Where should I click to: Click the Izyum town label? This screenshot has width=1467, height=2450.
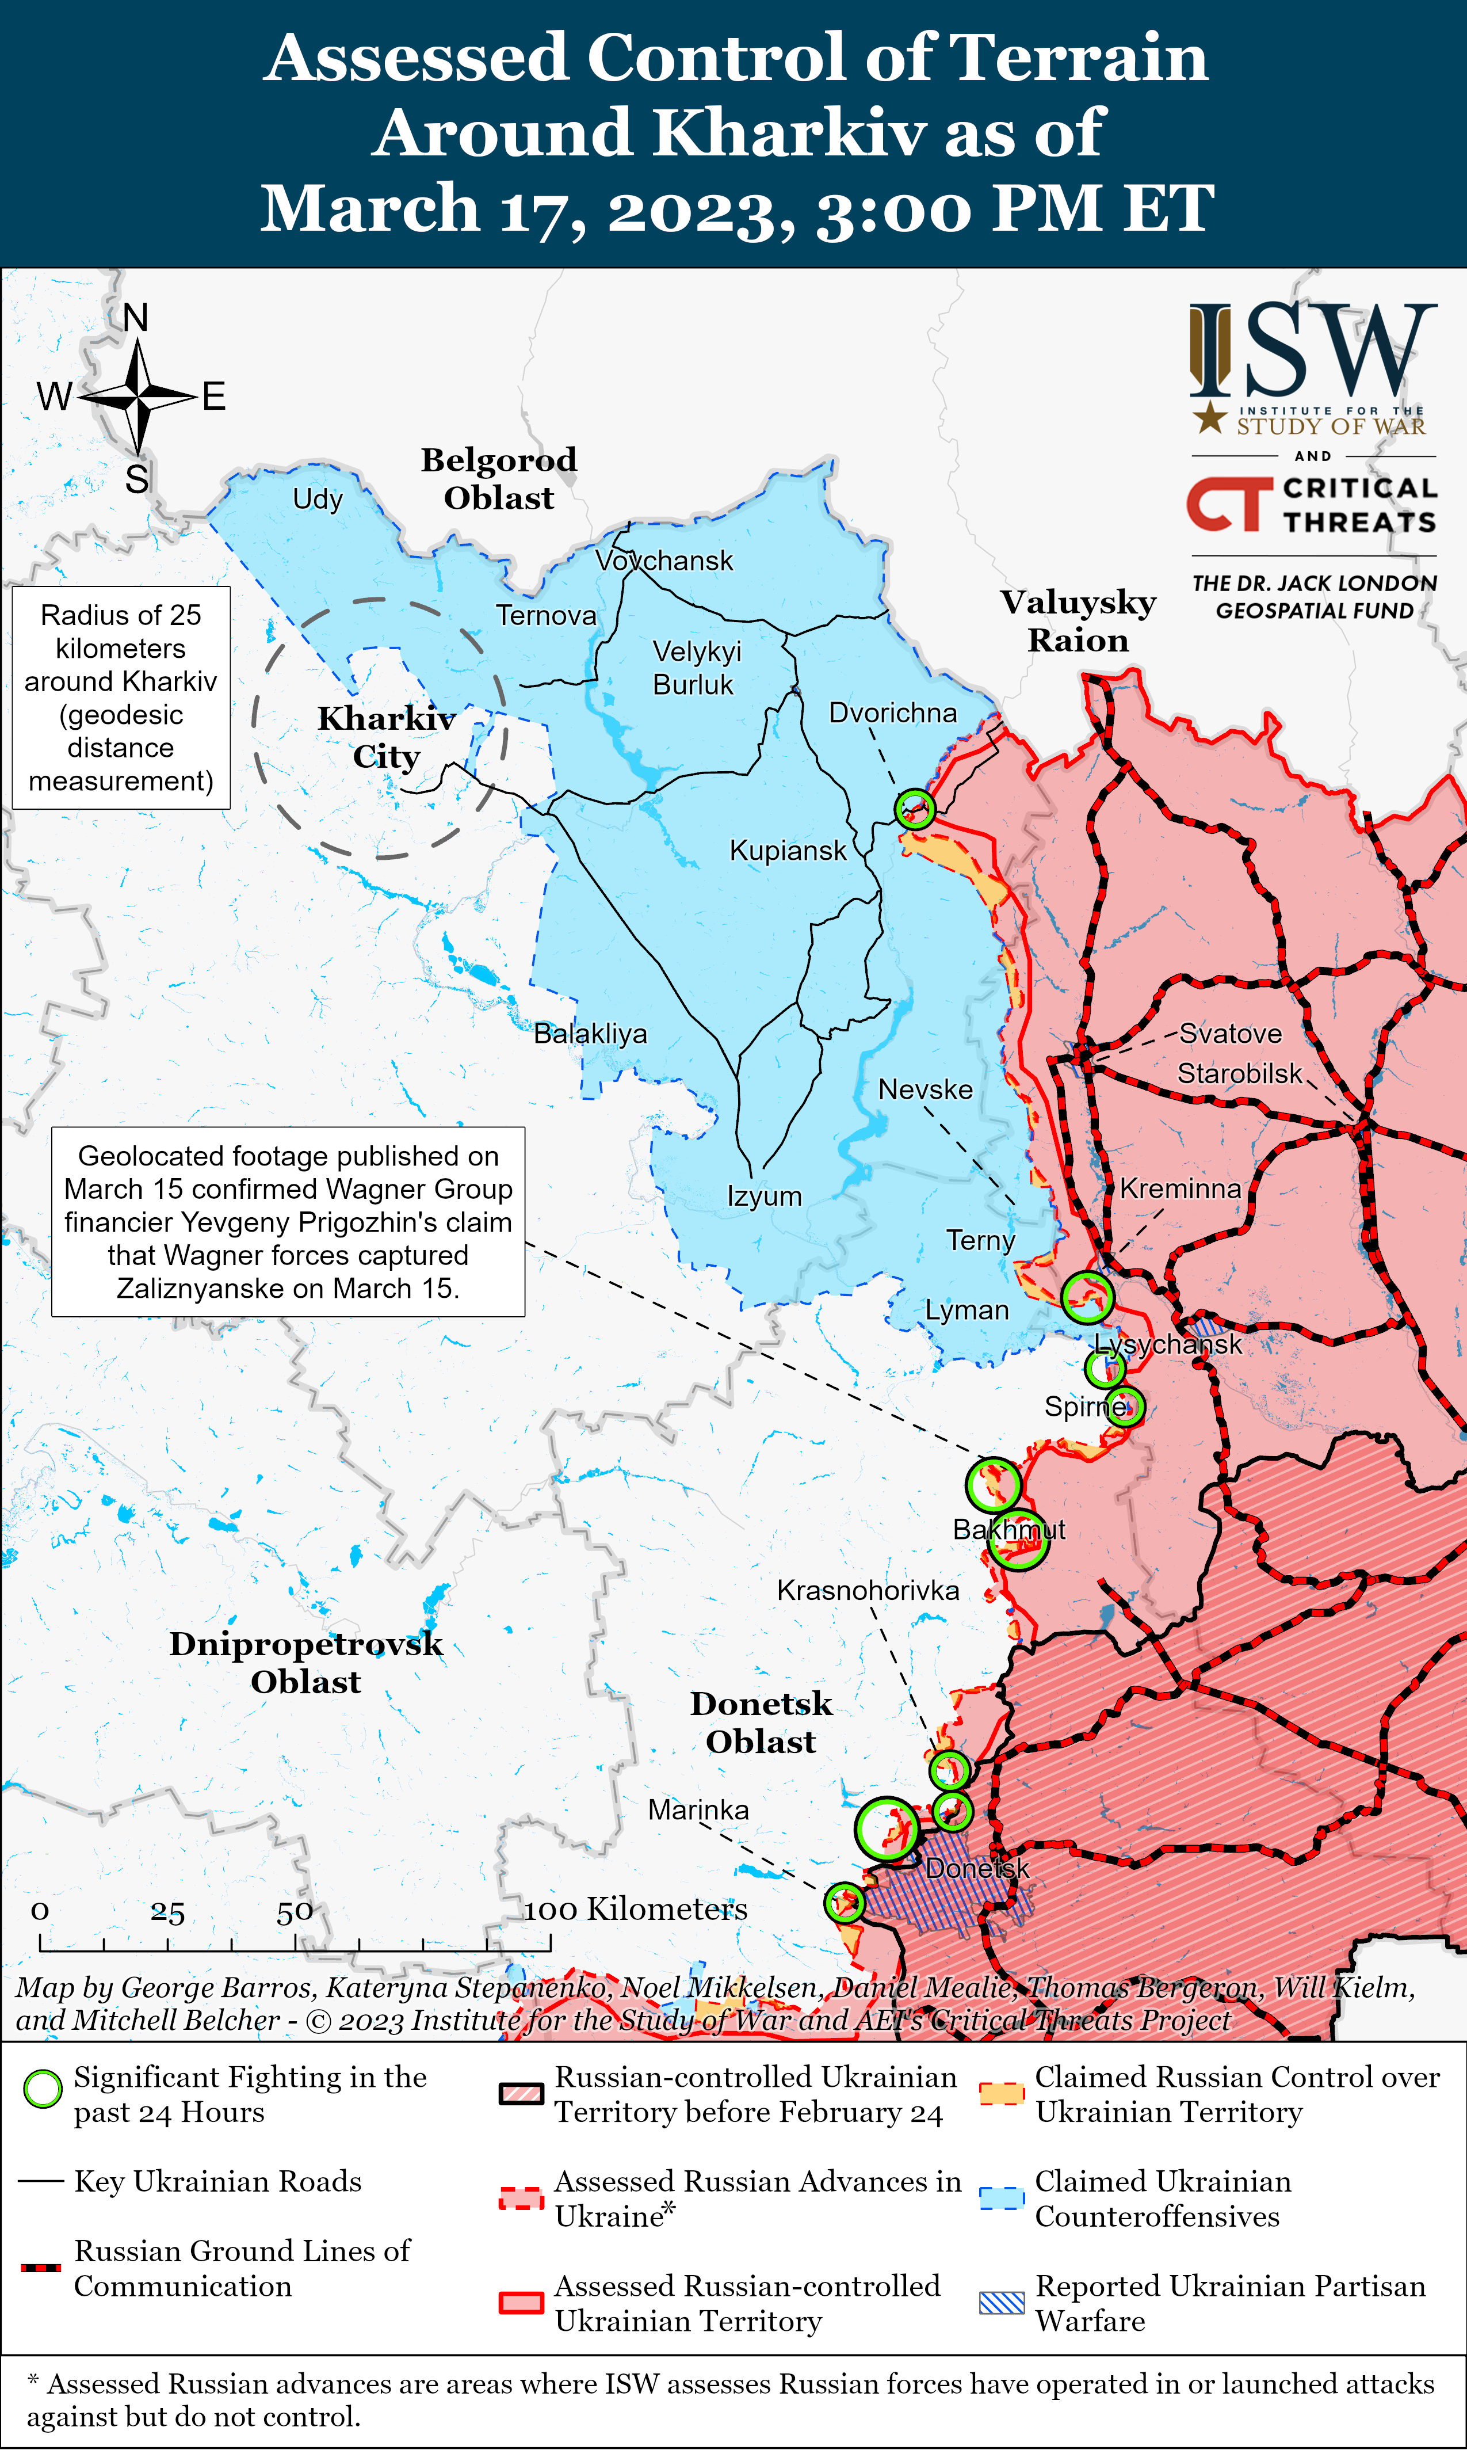click(x=764, y=1197)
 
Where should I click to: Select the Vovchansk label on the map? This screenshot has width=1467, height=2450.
click(x=664, y=561)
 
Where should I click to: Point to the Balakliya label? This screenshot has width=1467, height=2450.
click(x=590, y=1034)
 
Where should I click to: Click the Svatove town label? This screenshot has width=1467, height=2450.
click(x=1230, y=1034)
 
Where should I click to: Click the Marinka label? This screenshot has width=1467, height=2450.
click(x=698, y=1811)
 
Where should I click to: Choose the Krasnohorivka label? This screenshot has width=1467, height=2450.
click(x=867, y=1591)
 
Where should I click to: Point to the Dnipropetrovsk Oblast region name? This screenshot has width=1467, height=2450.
click(x=305, y=1663)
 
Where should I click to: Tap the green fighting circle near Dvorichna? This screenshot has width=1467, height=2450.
click(x=914, y=808)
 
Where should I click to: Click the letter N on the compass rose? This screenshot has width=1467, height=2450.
click(x=135, y=317)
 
